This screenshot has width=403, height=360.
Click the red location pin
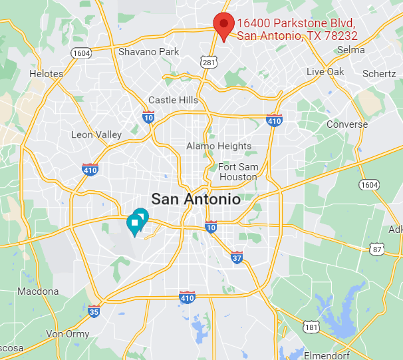coord(223,25)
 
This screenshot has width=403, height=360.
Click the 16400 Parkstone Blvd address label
coord(297,29)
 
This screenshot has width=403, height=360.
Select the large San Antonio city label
coord(196,198)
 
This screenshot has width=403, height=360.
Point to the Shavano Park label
coord(149,51)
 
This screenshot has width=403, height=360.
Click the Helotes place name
coord(47,74)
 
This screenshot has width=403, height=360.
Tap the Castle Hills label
coord(173,100)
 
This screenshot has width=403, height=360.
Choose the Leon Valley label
coord(96,134)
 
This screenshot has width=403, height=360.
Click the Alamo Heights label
coord(219,146)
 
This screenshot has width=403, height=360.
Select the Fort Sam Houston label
coord(237,172)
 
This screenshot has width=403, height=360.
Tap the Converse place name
coord(346,124)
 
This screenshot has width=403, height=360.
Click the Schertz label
coord(379,73)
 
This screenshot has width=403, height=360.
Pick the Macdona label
coord(38,291)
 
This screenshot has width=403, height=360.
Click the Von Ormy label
coord(68,333)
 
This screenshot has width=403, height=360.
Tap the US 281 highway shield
coord(209,63)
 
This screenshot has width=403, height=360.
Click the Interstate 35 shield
coord(94,311)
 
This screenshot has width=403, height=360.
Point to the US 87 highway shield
coord(376,248)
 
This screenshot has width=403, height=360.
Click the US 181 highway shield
coord(311,327)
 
